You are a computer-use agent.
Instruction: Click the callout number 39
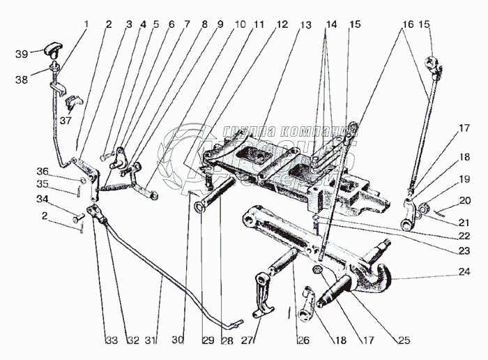[x=22, y=53]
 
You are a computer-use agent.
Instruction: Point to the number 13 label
[x=305, y=24]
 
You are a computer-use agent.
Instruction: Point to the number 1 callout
[x=86, y=24]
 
